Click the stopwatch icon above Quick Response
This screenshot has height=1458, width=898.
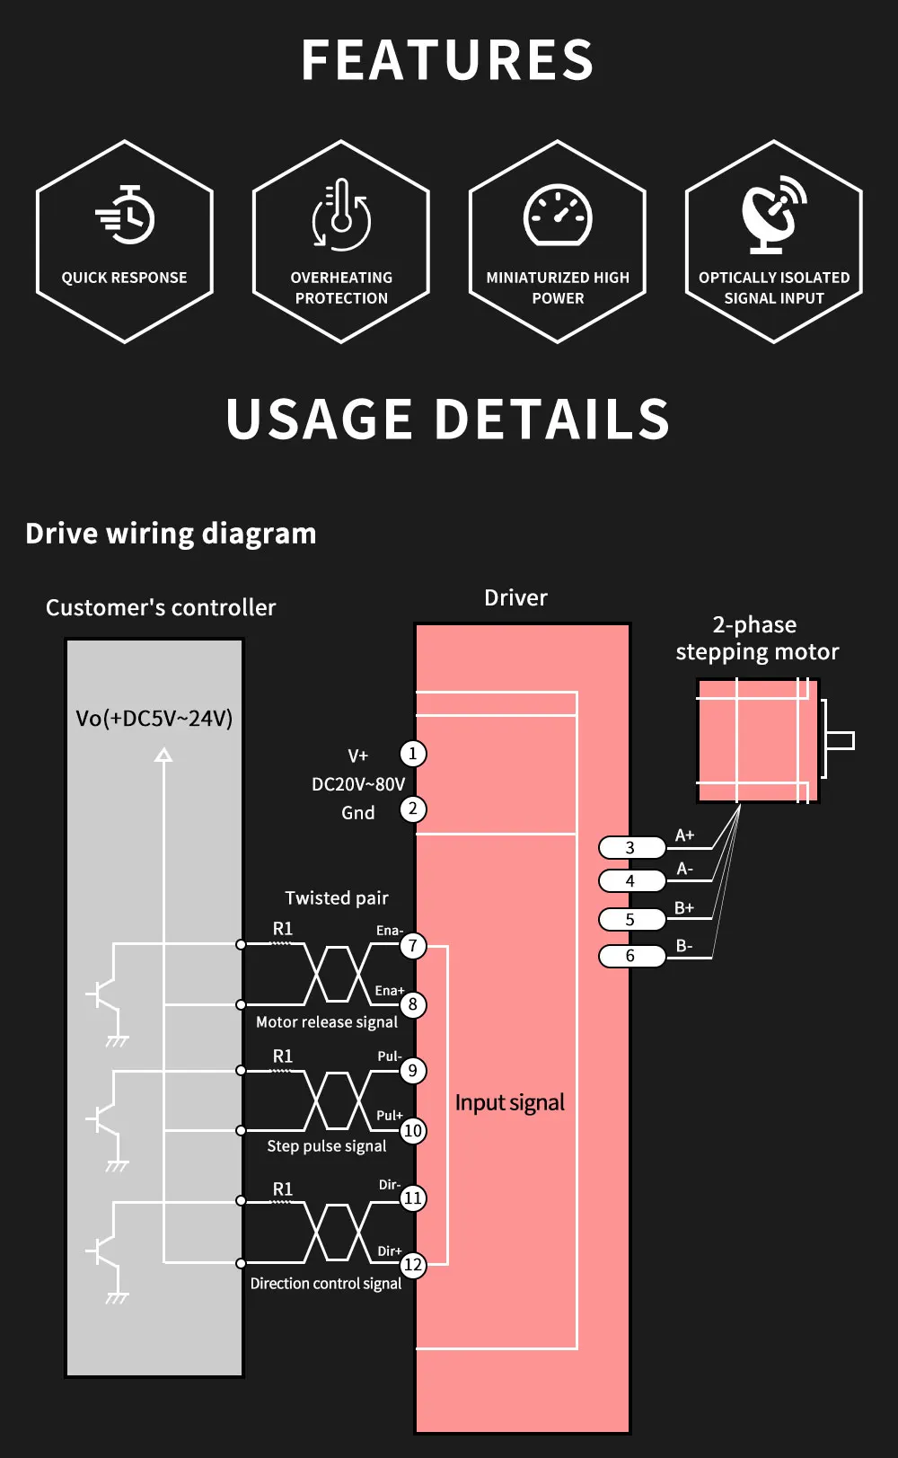point(126,216)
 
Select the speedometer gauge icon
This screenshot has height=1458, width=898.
point(558,216)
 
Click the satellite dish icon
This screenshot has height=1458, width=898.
point(772,214)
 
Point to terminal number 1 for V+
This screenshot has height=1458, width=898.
point(412,754)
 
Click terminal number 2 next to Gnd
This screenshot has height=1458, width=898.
point(412,809)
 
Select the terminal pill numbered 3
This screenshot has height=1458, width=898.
point(631,847)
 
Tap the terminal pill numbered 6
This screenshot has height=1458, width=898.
point(631,956)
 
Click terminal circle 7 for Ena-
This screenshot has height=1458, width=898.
point(412,945)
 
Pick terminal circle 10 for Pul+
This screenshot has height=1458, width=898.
point(412,1130)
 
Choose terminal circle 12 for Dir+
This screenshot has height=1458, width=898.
point(412,1264)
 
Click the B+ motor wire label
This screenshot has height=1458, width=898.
point(684,908)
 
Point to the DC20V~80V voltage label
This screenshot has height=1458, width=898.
point(358,784)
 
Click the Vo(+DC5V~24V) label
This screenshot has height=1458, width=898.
point(154,719)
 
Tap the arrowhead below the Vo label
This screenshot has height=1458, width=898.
point(163,756)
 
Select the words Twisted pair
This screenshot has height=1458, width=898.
point(337,898)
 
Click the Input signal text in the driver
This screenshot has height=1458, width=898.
point(510,1103)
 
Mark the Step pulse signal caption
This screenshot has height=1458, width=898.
point(327,1146)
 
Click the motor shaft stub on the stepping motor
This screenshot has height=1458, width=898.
point(840,741)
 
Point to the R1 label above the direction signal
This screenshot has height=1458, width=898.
point(283,1188)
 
